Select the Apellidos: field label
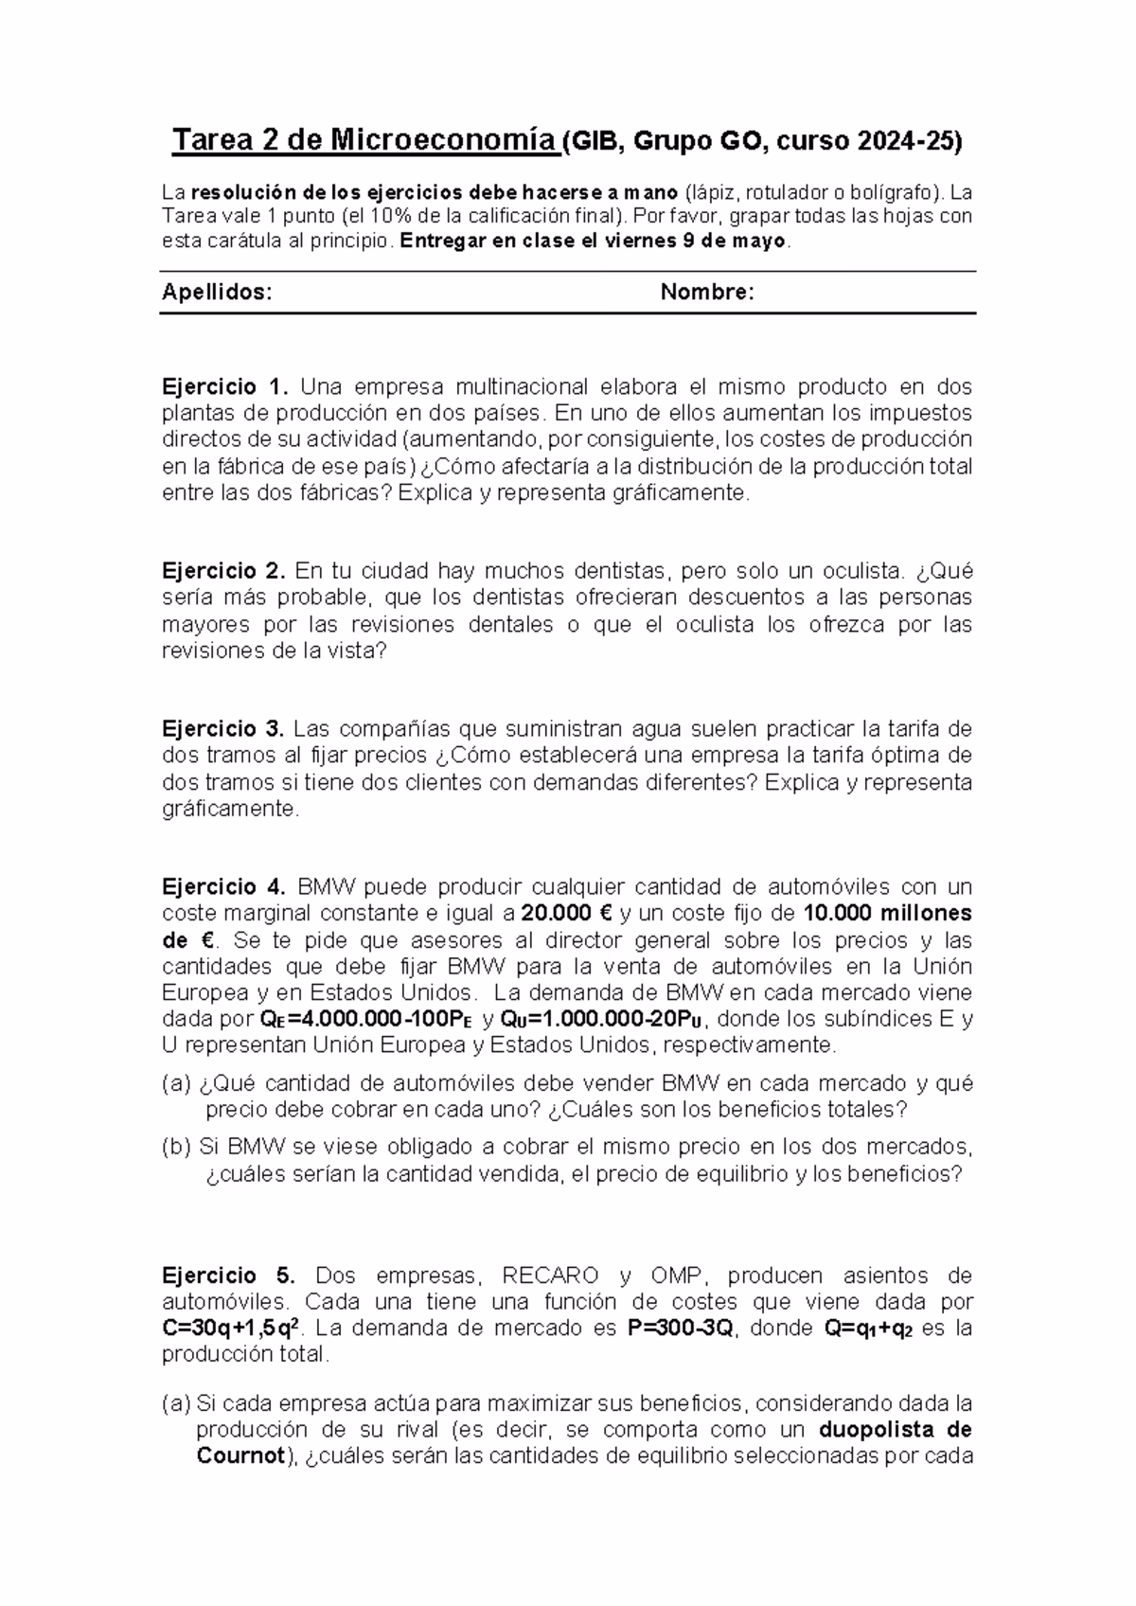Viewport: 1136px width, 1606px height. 217,293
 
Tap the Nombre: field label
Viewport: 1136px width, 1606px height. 707,293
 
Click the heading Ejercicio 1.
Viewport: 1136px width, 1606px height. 224,387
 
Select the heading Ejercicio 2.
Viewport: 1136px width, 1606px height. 224,571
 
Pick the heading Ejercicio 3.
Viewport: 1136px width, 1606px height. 223,729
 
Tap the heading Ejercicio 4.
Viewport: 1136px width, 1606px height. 224,887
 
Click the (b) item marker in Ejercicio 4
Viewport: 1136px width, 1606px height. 176,1148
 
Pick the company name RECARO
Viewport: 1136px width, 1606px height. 550,1276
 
